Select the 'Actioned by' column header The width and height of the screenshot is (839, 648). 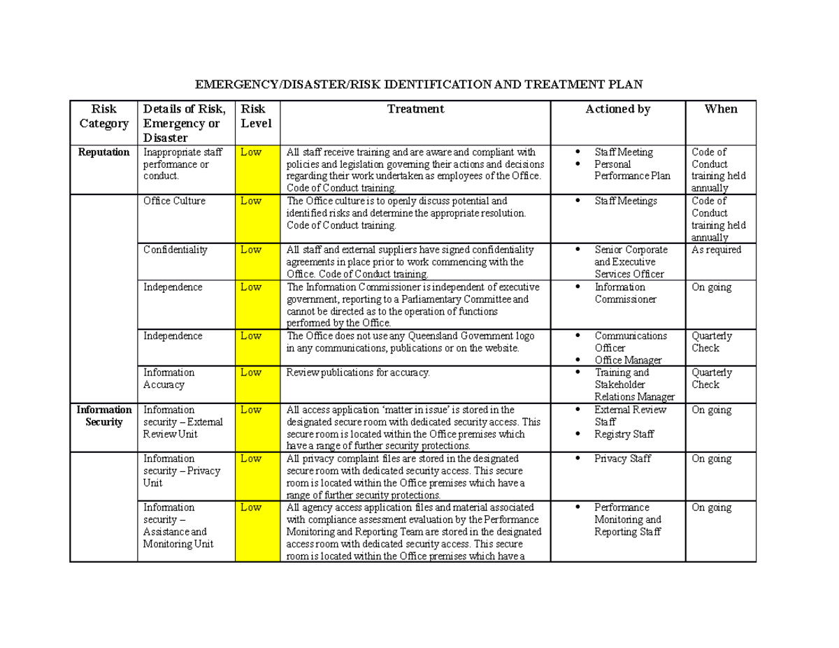618,109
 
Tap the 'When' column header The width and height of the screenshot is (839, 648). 721,109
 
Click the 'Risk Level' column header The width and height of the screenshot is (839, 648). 255,116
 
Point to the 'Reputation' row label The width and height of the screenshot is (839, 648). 103,152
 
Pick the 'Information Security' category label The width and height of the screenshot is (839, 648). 103,416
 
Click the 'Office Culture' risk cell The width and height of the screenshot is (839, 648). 174,201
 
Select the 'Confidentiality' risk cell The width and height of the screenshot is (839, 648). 175,250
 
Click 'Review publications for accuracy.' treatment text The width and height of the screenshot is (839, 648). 357,373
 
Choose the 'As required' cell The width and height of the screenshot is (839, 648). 716,250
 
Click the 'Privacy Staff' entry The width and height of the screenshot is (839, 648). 622,459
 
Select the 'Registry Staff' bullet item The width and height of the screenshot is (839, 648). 624,434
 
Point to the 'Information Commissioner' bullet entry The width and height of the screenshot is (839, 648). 625,293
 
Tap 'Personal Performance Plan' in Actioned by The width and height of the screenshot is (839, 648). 631,170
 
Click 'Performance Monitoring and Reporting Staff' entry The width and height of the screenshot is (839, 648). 627,519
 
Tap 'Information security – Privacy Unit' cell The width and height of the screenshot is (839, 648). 181,470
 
